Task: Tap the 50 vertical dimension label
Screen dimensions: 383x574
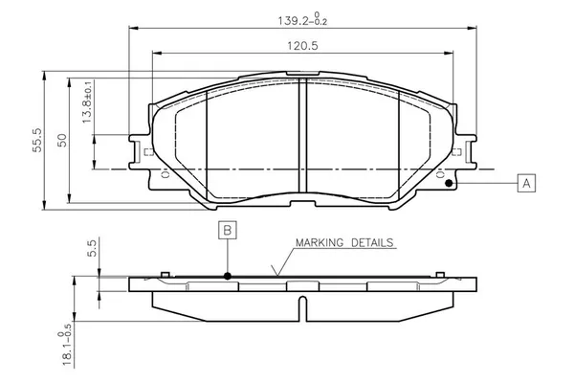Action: [x=62, y=140]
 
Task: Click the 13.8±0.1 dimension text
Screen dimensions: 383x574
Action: [x=87, y=101]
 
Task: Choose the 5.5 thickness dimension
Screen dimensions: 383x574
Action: [x=92, y=249]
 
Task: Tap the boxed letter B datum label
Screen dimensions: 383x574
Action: [x=228, y=230]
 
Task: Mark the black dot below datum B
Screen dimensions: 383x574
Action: [x=228, y=276]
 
